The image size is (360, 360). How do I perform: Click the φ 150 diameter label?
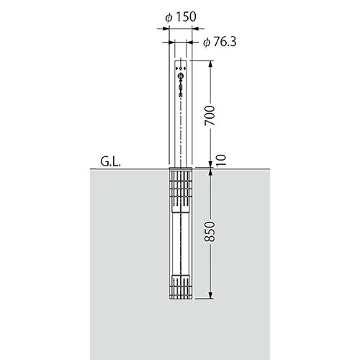pos(181,17)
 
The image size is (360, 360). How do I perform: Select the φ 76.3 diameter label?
pos(220,42)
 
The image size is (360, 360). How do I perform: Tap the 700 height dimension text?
pos(210,115)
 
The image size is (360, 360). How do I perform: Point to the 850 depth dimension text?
pos(210,231)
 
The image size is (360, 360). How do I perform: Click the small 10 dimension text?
pos(221,160)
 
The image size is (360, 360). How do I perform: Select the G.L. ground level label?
pos(110,161)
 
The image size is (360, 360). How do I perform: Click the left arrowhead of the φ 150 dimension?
pos(166,29)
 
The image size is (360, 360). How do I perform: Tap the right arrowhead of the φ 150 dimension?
pos(195,29)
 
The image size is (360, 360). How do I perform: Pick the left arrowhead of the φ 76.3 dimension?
pos(172,42)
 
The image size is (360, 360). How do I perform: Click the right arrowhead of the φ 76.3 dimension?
pos(189,42)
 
